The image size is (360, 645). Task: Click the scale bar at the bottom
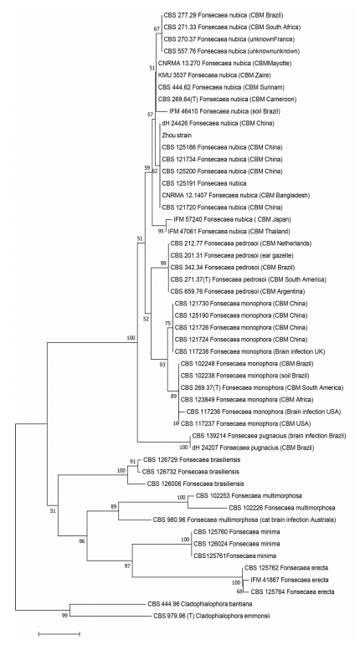(59, 634)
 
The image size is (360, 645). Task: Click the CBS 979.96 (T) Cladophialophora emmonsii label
(213, 616)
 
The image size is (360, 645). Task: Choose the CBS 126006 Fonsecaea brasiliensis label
(195, 484)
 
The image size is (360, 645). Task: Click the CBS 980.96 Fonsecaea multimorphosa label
(244, 520)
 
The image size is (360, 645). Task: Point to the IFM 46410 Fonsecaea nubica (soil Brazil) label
(224, 111)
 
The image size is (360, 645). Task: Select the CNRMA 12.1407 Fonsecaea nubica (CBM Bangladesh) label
(236, 196)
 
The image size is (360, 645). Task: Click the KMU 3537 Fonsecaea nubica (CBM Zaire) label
(214, 75)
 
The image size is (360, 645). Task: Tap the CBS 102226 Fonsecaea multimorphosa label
(282, 508)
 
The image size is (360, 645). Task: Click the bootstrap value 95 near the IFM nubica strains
(162, 232)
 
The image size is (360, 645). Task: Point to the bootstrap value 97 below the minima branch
(127, 566)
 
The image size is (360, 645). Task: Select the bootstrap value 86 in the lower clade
(82, 541)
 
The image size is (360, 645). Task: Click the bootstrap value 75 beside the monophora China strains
(167, 324)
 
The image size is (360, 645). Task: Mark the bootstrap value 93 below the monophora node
(162, 365)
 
